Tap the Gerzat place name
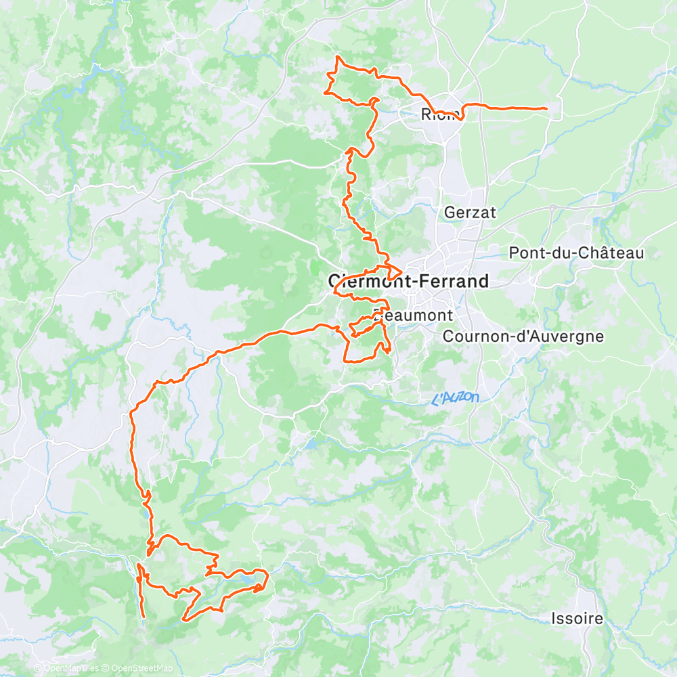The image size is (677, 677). pos(470,212)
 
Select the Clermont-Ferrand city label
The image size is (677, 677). pos(408,281)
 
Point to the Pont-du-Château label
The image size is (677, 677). pos(576,253)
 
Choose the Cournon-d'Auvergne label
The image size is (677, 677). pos(523,336)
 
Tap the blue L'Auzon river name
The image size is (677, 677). pos(455,399)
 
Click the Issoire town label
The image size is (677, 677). pos(577,618)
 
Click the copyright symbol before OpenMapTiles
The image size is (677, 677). pos(39,669)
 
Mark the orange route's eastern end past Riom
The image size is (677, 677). pos(546,108)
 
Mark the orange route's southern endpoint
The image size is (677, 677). pos(144,617)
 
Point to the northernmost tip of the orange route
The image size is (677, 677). pos(338,56)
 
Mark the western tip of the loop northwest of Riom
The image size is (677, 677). pos(326,92)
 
